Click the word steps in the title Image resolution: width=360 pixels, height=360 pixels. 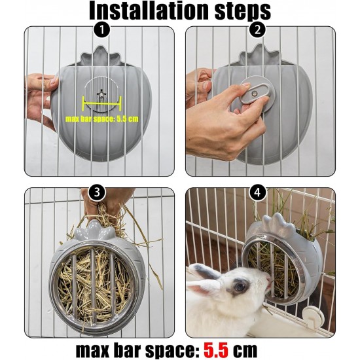coord(243,12)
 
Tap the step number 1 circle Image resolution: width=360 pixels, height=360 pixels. coord(101,30)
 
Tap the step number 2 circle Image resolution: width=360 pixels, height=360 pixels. coord(258,30)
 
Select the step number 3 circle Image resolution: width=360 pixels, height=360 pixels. coord(97,192)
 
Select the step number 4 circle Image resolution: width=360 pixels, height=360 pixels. coord(258,192)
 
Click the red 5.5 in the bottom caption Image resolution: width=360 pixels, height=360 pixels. coord(216,350)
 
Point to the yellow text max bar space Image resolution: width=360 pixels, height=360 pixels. coord(90,119)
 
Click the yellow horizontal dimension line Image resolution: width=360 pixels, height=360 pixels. coord(102,103)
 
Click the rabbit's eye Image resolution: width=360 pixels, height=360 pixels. coord(240,286)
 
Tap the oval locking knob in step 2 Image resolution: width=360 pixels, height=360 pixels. coord(255,94)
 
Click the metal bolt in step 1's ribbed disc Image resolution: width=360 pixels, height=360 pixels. coord(100,94)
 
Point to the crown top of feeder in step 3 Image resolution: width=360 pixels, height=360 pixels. coord(95,230)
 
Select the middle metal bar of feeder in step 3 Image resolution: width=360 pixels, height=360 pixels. coord(94,285)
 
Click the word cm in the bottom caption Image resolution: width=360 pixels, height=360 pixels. coord(245,351)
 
